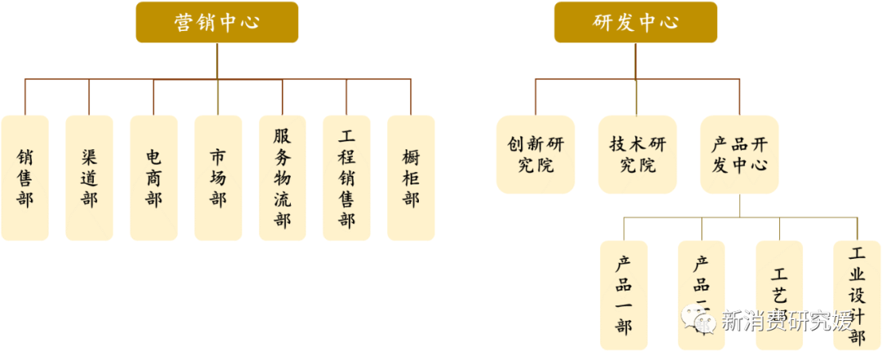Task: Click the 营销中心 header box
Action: (216, 22)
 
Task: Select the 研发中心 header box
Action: (635, 22)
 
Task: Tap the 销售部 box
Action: (24, 177)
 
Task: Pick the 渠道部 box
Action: (89, 177)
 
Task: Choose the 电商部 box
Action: (154, 177)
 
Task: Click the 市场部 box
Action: (218, 177)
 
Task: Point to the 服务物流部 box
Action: (283, 177)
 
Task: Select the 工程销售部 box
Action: (347, 177)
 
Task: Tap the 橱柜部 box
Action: (411, 177)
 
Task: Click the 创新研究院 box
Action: (536, 154)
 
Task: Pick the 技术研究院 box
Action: (638, 154)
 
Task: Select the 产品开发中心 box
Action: (740, 154)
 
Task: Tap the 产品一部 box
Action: (624, 294)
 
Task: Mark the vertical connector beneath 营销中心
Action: (217, 61)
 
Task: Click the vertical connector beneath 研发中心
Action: (635, 61)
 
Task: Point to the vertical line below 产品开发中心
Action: (741, 206)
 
